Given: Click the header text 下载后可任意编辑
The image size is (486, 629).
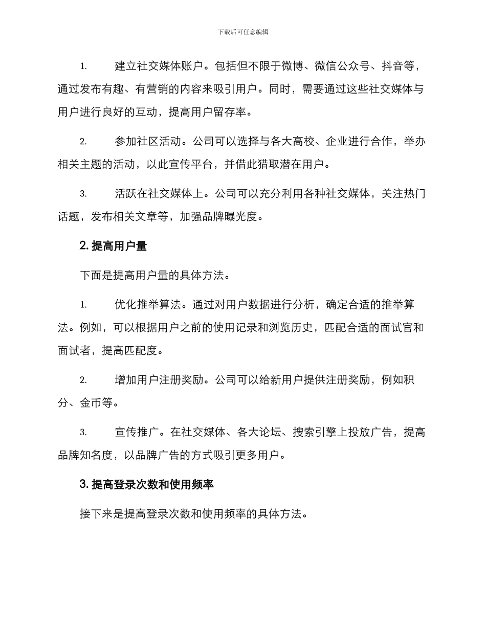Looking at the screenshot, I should (x=243, y=32).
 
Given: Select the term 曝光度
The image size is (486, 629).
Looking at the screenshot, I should (x=247, y=217).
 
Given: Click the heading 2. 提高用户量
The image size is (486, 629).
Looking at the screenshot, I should (x=114, y=246).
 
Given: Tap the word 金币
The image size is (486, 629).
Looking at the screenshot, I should (x=91, y=402).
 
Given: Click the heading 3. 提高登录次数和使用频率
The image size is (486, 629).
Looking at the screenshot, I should (x=147, y=484).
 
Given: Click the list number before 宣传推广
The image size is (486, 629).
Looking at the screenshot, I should (x=83, y=433).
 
